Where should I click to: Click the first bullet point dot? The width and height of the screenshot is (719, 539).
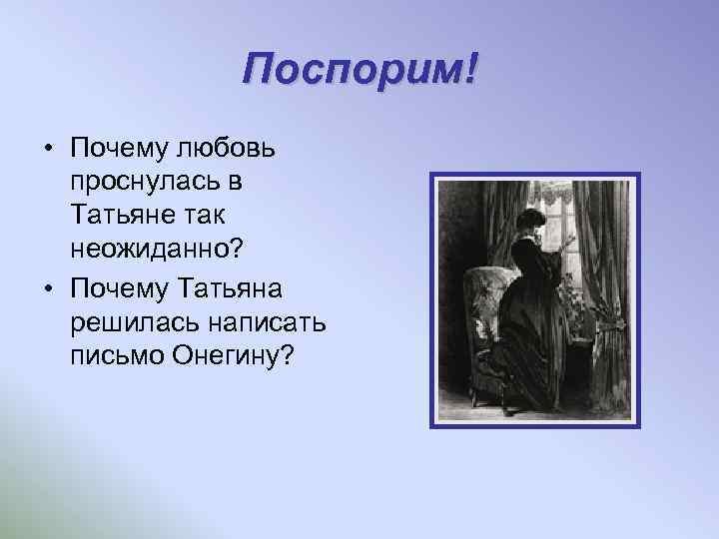click(x=48, y=149)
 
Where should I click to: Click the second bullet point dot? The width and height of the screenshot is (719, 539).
click(x=48, y=288)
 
